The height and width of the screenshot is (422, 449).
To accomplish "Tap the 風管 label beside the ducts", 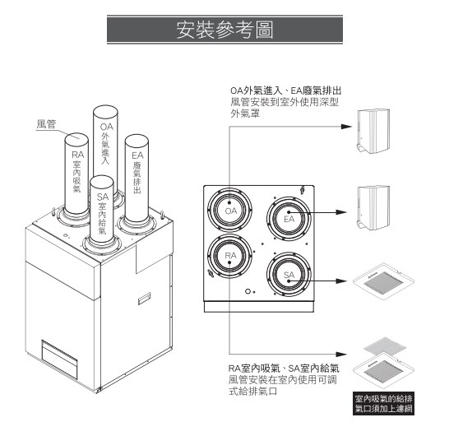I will click(47, 124).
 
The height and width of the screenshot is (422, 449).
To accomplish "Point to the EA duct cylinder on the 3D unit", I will click(137, 173).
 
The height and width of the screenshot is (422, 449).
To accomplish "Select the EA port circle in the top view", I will click(289, 219).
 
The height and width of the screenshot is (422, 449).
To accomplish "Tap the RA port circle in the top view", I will click(231, 257).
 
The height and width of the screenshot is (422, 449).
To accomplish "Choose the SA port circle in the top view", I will click(289, 273).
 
